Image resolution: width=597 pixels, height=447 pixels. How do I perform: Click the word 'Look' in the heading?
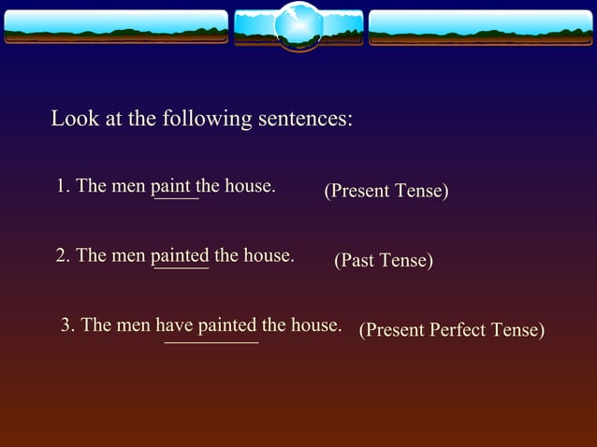click(x=73, y=120)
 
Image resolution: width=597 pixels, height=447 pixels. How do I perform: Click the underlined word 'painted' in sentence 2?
click(x=180, y=255)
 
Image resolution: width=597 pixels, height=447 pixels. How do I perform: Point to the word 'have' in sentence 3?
click(x=174, y=325)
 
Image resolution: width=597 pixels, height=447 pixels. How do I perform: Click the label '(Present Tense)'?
click(x=386, y=191)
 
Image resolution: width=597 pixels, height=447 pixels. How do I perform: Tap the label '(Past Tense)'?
click(x=384, y=261)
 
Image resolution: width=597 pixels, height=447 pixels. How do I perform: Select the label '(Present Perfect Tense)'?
click(x=452, y=330)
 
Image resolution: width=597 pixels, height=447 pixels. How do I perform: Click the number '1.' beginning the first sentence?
click(x=63, y=186)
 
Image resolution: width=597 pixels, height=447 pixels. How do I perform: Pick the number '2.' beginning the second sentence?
click(x=63, y=255)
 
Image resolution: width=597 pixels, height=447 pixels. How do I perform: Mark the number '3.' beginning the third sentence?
click(x=67, y=325)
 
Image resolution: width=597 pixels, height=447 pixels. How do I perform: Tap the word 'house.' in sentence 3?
click(x=315, y=325)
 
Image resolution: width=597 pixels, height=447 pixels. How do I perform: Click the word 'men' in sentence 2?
click(x=128, y=255)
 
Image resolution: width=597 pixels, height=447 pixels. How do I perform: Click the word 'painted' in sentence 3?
click(x=226, y=325)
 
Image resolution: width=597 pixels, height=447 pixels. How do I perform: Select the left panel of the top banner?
click(x=115, y=27)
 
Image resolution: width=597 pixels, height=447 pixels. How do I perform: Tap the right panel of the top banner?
click(x=481, y=27)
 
